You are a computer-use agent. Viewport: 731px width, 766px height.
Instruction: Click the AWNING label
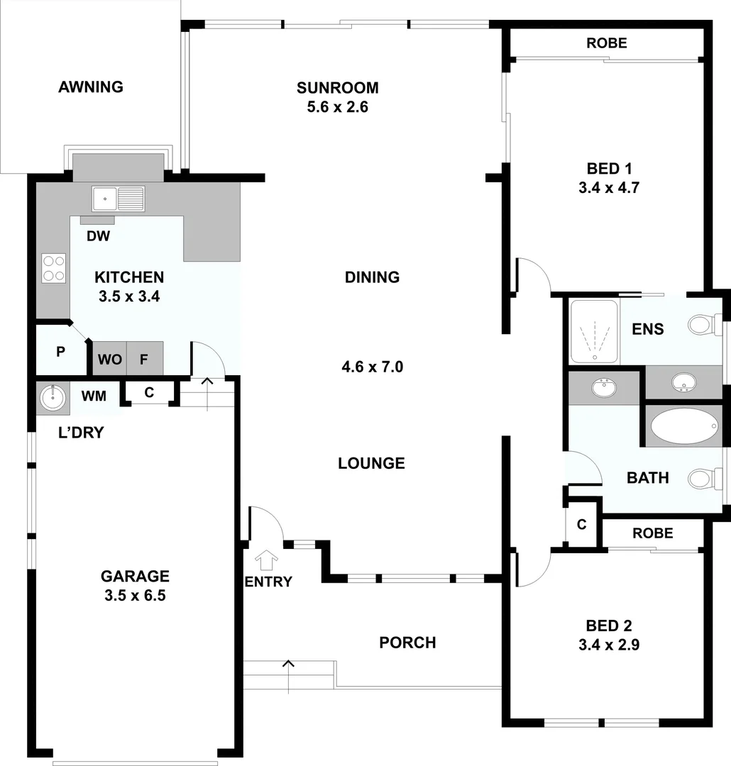pyautogui.click(x=91, y=87)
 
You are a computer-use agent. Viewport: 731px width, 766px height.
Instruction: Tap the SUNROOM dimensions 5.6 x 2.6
pyautogui.click(x=337, y=108)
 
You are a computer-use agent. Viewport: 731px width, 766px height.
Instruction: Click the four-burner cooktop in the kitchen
pyautogui.click(x=53, y=268)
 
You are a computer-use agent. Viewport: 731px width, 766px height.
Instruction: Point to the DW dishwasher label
pyautogui.click(x=98, y=236)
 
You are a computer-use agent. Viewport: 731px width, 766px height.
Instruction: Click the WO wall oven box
pyautogui.click(x=109, y=360)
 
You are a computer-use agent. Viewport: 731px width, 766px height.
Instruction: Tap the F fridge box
pyautogui.click(x=144, y=360)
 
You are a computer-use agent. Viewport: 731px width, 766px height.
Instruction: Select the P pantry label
pyautogui.click(x=61, y=351)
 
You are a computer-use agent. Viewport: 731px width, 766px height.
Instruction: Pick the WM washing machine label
pyautogui.click(x=94, y=396)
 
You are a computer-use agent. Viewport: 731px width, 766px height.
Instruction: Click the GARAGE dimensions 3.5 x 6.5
pyautogui.click(x=135, y=596)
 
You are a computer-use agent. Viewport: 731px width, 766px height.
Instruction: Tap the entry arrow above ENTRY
pyautogui.click(x=268, y=560)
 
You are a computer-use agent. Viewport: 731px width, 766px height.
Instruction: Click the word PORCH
pyautogui.click(x=407, y=643)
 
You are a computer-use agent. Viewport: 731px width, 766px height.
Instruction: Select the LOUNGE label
pyautogui.click(x=371, y=463)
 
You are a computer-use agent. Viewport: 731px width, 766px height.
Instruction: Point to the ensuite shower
pyautogui.click(x=593, y=332)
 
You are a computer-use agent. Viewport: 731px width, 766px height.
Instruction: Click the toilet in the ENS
pyautogui.click(x=702, y=326)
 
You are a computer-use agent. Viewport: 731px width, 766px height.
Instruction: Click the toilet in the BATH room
pyautogui.click(x=702, y=479)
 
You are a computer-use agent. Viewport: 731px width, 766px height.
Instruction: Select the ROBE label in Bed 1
pyautogui.click(x=607, y=43)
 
